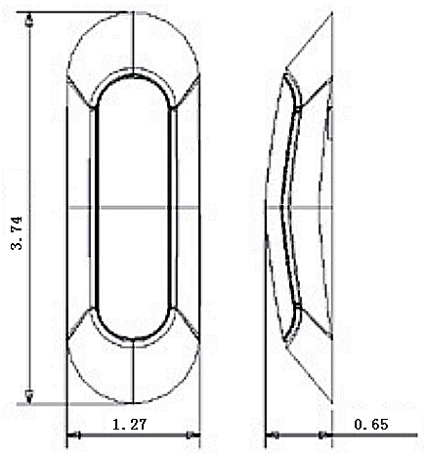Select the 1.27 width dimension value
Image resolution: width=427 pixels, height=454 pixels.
pyautogui.click(x=130, y=425)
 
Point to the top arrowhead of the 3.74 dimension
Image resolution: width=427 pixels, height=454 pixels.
pyautogui.click(x=30, y=20)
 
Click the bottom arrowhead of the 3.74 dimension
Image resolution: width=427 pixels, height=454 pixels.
pyautogui.click(x=30, y=394)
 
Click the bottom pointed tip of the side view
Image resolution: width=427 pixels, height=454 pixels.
pyautogui.click(x=286, y=342)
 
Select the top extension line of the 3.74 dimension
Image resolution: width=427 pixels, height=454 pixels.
pyautogui.click(x=78, y=13)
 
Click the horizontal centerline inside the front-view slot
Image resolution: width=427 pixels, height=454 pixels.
pyautogui.click(x=133, y=207)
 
